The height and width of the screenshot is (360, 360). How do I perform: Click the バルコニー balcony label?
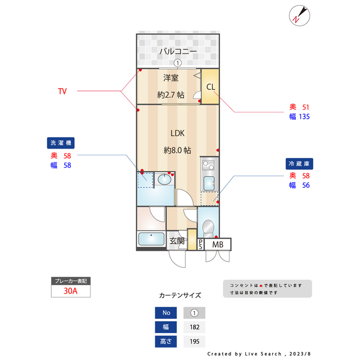point(178,51)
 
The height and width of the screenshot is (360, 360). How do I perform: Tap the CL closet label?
point(210,87)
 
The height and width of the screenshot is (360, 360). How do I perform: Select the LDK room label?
point(178,133)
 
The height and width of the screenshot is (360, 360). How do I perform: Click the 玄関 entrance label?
point(177,241)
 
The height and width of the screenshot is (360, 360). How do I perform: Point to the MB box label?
point(218,245)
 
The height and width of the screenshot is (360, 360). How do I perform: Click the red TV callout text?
point(62,91)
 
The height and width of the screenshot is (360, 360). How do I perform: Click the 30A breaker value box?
point(70,292)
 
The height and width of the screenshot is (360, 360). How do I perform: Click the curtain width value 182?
point(194,327)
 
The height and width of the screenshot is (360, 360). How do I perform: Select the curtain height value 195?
point(194,341)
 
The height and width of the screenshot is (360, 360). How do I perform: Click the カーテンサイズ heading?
point(179,295)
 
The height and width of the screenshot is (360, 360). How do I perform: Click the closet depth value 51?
point(306,107)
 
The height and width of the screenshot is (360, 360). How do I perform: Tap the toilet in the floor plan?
point(207,228)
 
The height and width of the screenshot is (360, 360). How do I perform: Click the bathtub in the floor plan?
point(151,239)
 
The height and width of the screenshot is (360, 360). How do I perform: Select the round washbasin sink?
point(165,180)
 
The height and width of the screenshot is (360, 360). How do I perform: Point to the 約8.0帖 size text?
point(177,150)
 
